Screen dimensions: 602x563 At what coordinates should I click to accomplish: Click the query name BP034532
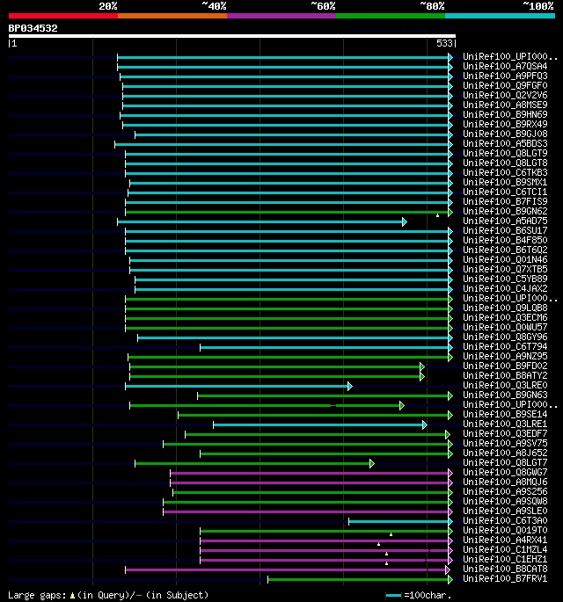coord(33,28)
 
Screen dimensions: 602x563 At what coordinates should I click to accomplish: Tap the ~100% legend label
coord(537,6)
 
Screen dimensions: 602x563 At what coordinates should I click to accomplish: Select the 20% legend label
coord(107,6)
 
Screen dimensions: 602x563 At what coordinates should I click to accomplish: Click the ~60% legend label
coord(323,6)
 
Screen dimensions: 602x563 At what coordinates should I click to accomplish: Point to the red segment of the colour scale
coord(62,16)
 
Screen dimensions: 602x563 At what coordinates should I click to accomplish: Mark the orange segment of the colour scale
coord(172,16)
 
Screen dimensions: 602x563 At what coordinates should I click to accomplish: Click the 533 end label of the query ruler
coord(445,43)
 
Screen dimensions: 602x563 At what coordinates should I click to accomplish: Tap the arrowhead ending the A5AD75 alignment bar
coord(404,221)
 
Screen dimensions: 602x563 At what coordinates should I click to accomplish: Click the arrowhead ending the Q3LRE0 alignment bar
coord(349,386)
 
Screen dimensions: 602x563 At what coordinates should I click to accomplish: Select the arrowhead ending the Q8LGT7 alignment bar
coord(372,463)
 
